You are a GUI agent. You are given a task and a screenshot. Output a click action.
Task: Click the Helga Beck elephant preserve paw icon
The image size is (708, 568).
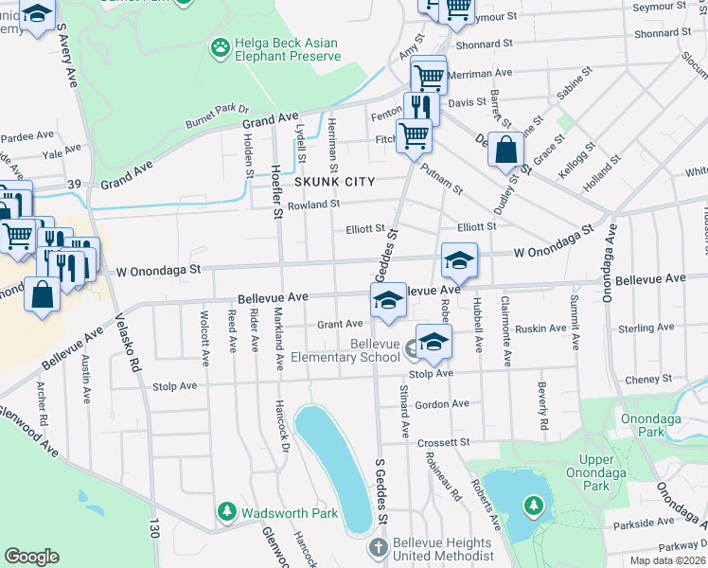tap(221, 46)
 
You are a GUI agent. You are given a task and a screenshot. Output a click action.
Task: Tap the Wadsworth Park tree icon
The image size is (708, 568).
tap(227, 512)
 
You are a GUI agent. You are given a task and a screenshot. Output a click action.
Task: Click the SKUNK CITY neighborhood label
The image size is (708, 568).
tap(334, 181)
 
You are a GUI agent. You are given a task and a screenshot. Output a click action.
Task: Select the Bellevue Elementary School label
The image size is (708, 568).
tap(362, 350)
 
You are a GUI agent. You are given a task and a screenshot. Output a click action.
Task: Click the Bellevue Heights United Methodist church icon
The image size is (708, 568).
tap(378, 548)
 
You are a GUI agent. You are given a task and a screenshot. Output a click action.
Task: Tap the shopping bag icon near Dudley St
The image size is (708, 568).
tap(506, 151)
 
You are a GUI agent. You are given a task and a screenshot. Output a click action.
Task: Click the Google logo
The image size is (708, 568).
tap(31, 557)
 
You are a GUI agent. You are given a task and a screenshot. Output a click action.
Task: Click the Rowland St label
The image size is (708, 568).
tap(313, 204)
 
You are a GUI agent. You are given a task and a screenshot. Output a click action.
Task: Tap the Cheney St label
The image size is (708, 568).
tap(648, 380)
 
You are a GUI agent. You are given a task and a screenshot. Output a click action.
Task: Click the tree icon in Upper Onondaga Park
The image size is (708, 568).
tap(533, 506)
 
